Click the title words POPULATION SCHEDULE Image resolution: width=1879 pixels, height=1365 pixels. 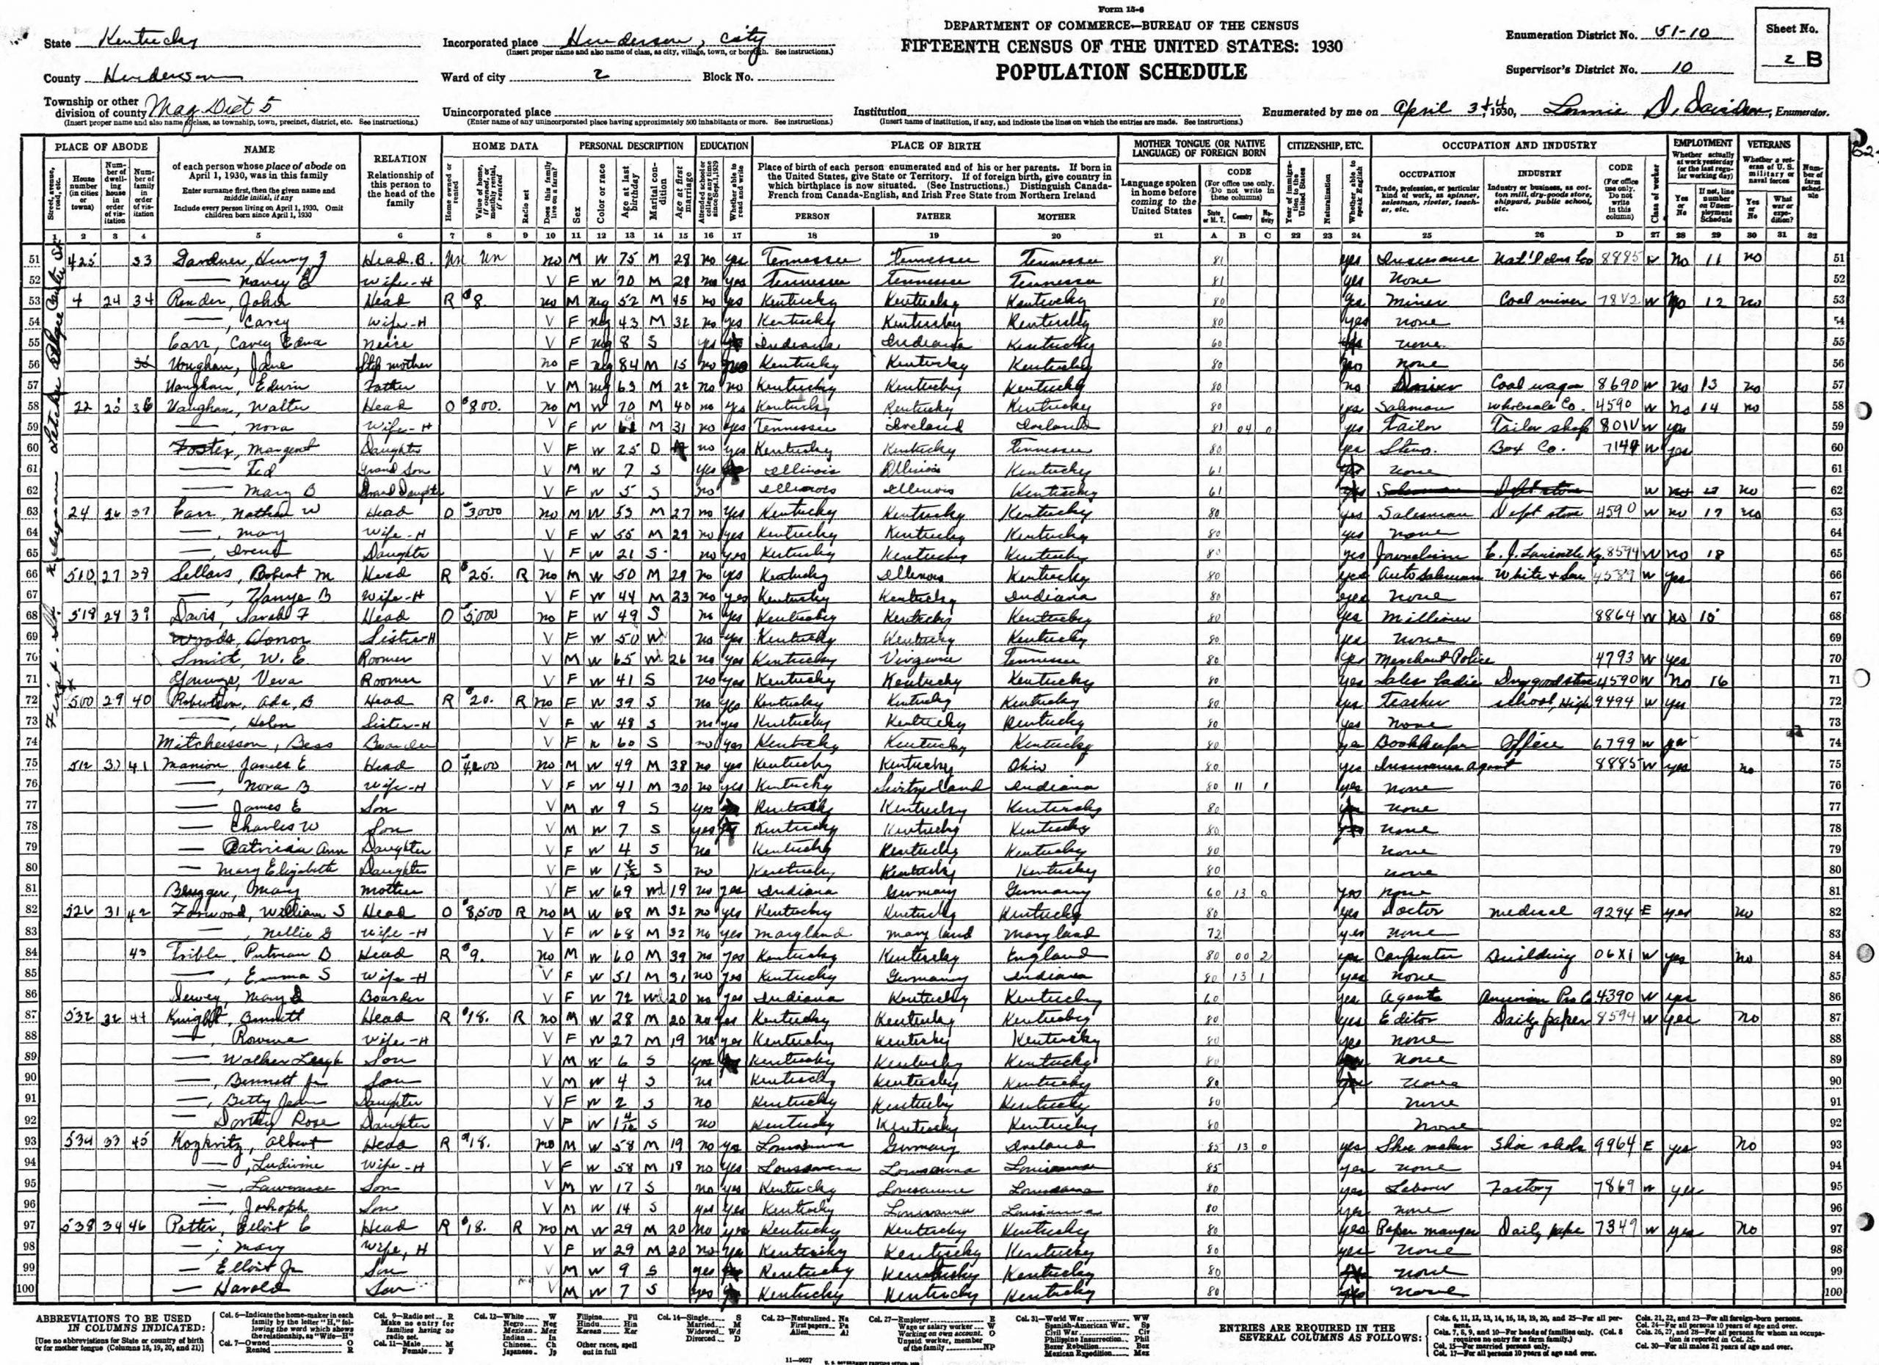[1121, 72]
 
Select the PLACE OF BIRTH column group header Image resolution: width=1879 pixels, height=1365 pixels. [935, 146]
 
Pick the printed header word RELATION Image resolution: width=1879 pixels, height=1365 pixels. [400, 159]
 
